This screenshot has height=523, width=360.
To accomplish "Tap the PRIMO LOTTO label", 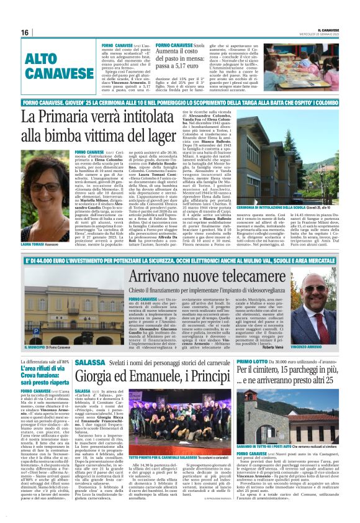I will (269, 361).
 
